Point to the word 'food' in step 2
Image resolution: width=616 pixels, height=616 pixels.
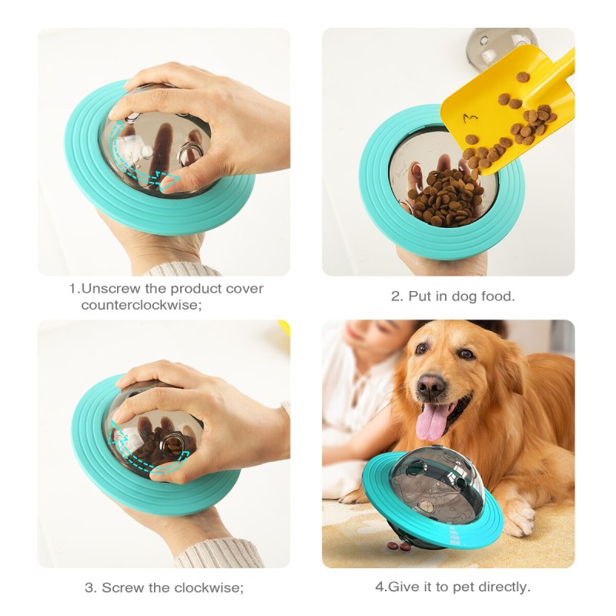[497, 296]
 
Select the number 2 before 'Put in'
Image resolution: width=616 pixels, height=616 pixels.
[395, 296]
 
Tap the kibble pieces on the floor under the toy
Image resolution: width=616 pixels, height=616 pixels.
[399, 545]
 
